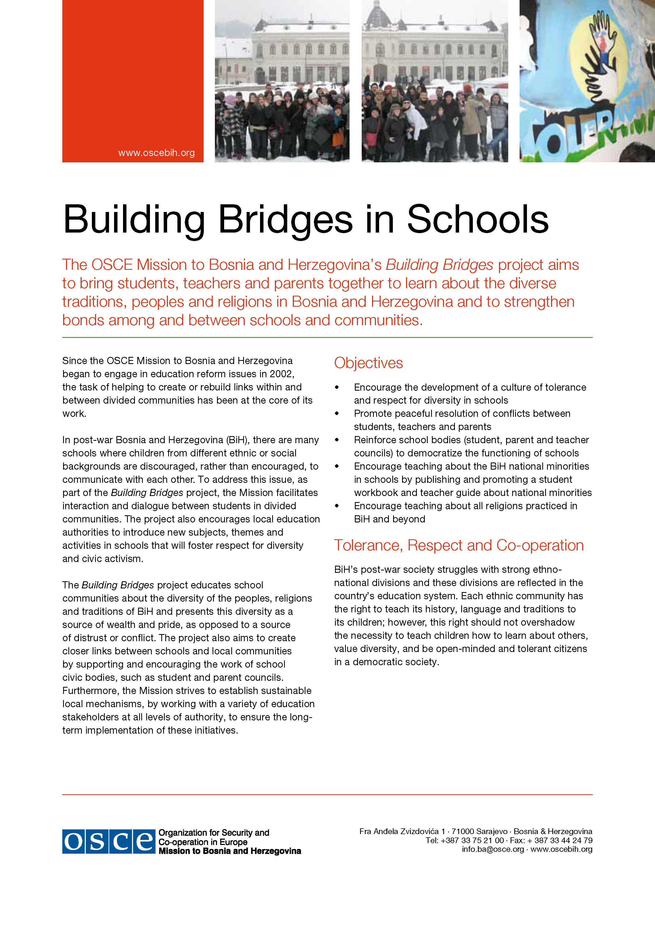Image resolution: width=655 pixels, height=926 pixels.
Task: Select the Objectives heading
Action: (x=368, y=363)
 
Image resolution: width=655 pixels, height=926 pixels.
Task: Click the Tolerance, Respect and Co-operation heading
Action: (x=459, y=545)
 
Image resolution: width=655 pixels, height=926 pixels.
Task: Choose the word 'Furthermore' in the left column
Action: (x=91, y=691)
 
